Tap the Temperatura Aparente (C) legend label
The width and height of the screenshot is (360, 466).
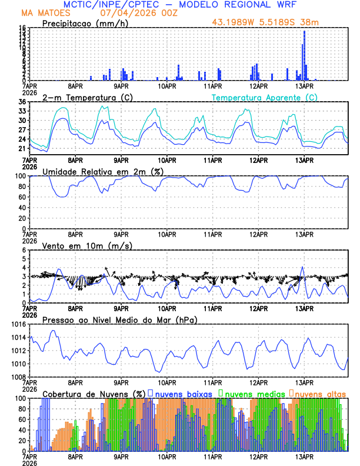click(x=265, y=97)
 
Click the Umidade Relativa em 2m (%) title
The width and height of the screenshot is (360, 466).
click(x=102, y=171)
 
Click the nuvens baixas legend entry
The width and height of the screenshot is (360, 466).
click(x=183, y=393)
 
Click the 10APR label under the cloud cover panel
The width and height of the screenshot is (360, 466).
click(x=167, y=455)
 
